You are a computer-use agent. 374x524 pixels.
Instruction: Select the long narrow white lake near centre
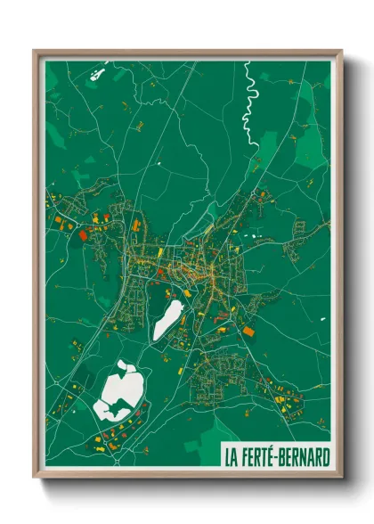[x=167, y=320]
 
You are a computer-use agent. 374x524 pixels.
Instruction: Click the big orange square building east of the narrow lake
[x=248, y=331]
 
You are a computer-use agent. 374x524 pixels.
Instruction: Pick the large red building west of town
[x=83, y=234]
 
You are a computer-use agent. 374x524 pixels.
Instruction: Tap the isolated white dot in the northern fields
[x=159, y=165]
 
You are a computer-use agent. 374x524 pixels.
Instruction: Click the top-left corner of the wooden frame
[x=35, y=51]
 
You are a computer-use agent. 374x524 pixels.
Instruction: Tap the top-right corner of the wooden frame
[x=341, y=51]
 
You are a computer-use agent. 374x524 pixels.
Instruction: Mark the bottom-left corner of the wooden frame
[x=35, y=478]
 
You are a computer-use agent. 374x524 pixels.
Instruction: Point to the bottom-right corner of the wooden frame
[x=341, y=478]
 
